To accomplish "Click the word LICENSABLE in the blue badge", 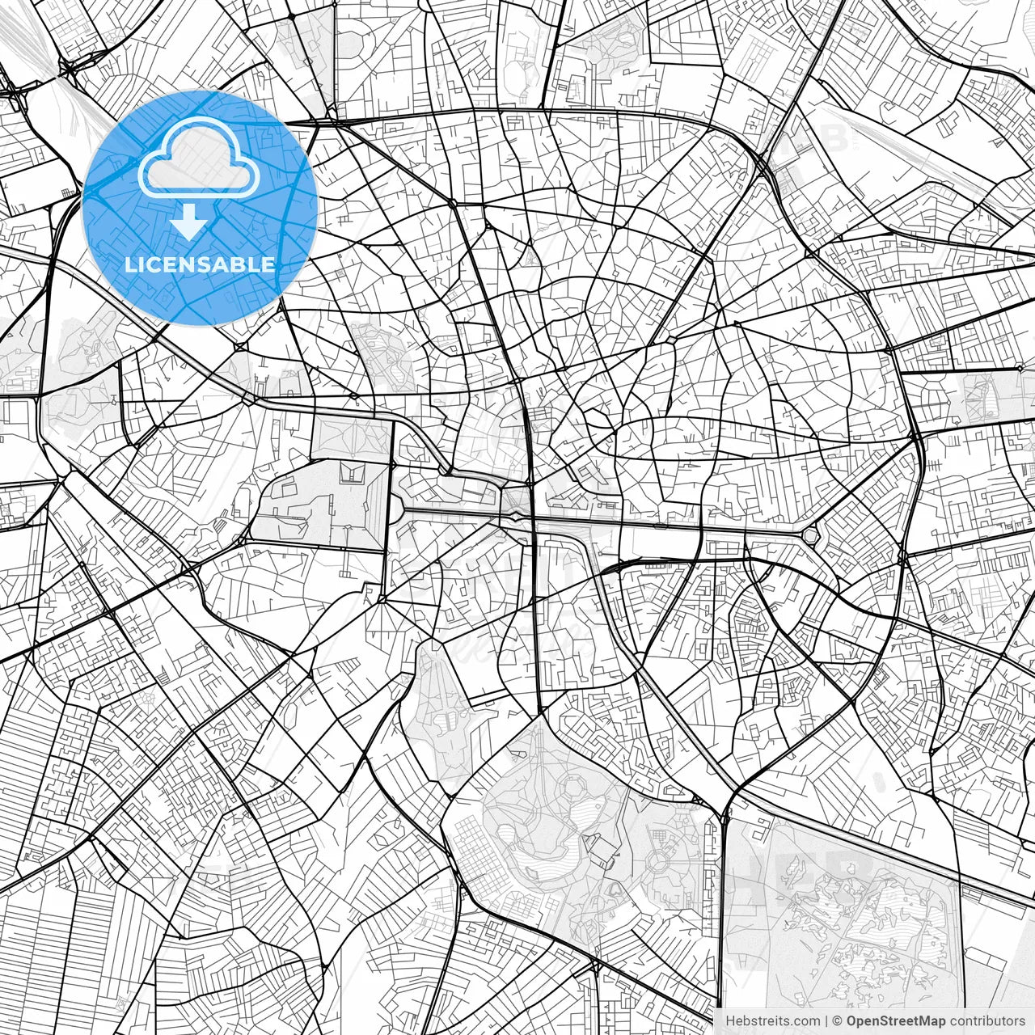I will (200, 264).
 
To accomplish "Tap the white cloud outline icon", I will (199, 157).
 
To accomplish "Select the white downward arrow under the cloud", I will (189, 222).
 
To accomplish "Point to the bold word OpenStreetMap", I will (896, 1021).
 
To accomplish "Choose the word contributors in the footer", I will (986, 1021).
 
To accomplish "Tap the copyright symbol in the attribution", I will (839, 1021).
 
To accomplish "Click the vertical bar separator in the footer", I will (827, 1021).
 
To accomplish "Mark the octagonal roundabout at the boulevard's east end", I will (810, 534).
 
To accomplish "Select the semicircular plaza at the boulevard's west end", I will (399, 509).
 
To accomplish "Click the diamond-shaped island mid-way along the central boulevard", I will (515, 515).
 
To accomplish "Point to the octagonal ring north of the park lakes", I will (575, 785).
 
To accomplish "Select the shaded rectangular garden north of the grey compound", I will (350, 437).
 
